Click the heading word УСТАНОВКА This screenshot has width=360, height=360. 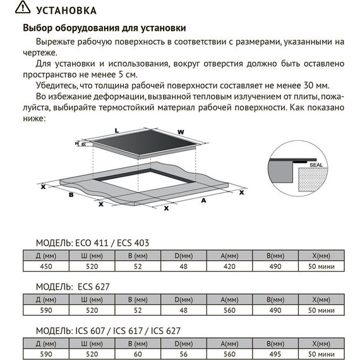(68, 11)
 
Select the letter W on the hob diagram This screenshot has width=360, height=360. (181, 132)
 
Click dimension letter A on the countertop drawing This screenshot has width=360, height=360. (204, 200)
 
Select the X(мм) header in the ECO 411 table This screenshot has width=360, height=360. (321, 256)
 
